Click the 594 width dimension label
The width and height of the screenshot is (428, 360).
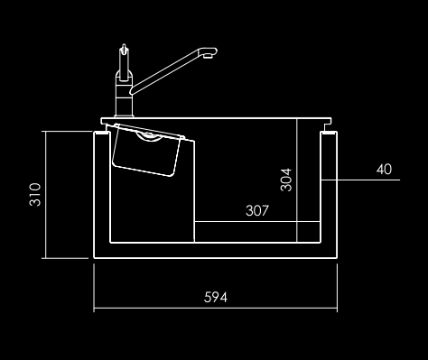pyautogui.click(x=216, y=297)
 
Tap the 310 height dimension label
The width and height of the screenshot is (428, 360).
pyautogui.click(x=35, y=195)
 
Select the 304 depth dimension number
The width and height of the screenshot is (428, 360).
pyautogui.click(x=286, y=180)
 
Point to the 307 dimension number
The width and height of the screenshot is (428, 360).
pyautogui.click(x=257, y=210)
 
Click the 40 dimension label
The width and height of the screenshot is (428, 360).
pyautogui.click(x=384, y=170)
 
